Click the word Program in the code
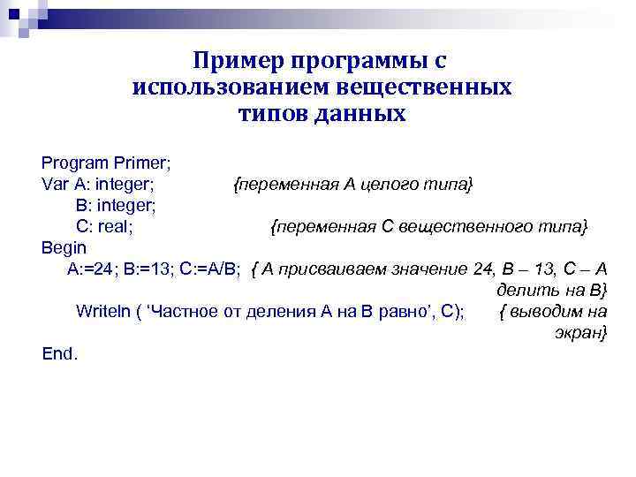click(x=74, y=163)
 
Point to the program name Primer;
click(x=141, y=163)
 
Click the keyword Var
click(x=54, y=185)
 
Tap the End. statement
click(x=60, y=353)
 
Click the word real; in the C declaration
click(x=115, y=227)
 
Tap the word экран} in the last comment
click(x=580, y=333)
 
